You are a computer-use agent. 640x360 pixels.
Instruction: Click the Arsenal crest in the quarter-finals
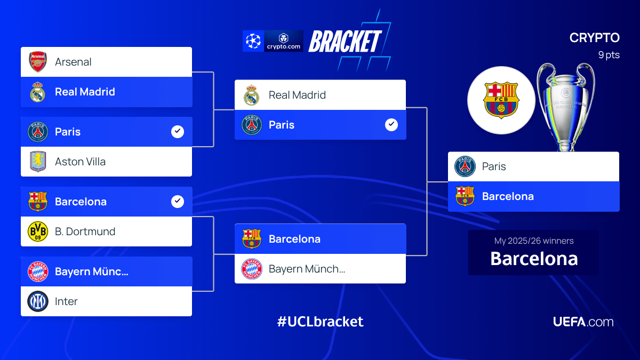pyautogui.click(x=38, y=62)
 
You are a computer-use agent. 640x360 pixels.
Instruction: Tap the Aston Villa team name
pyautogui.click(x=80, y=162)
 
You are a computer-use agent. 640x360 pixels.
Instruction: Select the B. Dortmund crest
pyautogui.click(x=38, y=231)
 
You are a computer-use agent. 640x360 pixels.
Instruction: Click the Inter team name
pyautogui.click(x=66, y=301)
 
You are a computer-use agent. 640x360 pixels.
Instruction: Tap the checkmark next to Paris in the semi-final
pyautogui.click(x=391, y=125)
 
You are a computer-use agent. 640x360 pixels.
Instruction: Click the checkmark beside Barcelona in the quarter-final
pyautogui.click(x=178, y=202)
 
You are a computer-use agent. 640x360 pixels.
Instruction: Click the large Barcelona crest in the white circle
pyautogui.click(x=501, y=100)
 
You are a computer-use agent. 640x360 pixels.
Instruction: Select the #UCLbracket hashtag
pyautogui.click(x=320, y=322)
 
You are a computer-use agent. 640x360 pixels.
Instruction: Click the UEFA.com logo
pyautogui.click(x=583, y=322)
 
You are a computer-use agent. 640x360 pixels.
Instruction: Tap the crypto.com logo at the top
pyautogui.click(x=284, y=41)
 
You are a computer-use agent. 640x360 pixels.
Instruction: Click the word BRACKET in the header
pyautogui.click(x=345, y=42)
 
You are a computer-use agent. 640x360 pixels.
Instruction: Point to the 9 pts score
pyautogui.click(x=609, y=55)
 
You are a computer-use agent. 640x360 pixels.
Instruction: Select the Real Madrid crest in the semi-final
pyautogui.click(x=251, y=95)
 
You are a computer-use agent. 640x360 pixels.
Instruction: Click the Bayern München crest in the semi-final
pyautogui.click(x=251, y=269)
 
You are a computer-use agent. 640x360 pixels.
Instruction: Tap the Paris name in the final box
pyautogui.click(x=494, y=166)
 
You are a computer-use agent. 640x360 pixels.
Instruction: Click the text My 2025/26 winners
pyautogui.click(x=534, y=241)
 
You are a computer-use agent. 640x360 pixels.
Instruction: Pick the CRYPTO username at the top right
pyautogui.click(x=594, y=38)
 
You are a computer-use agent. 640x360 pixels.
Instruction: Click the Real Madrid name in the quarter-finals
pyautogui.click(x=85, y=92)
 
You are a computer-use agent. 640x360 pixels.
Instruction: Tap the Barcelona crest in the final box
pyautogui.click(x=465, y=196)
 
